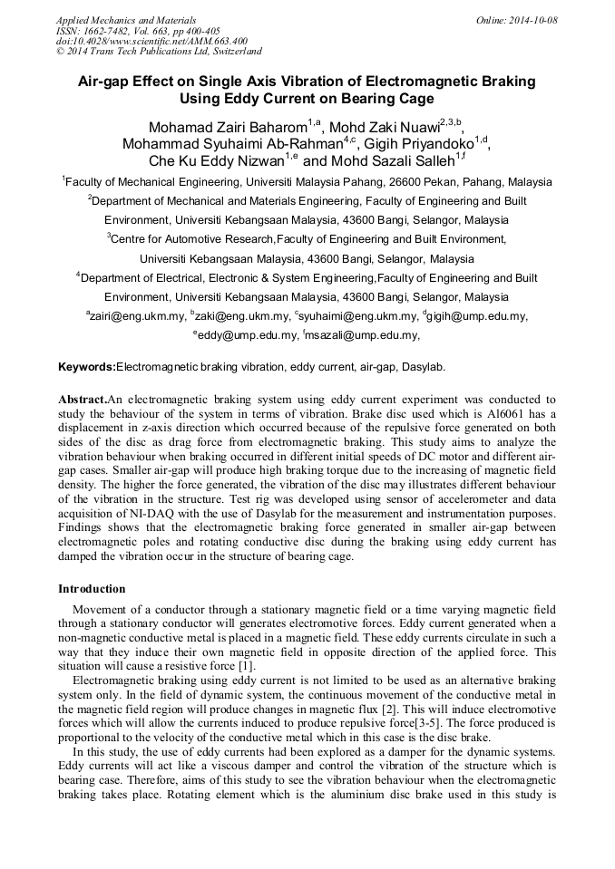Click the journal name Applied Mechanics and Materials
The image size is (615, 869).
125,20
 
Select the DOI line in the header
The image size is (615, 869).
151,41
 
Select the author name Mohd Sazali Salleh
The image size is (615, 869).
390,160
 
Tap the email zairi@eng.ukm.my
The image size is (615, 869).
136,316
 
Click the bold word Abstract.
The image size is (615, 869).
82,400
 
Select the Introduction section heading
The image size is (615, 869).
92,588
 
